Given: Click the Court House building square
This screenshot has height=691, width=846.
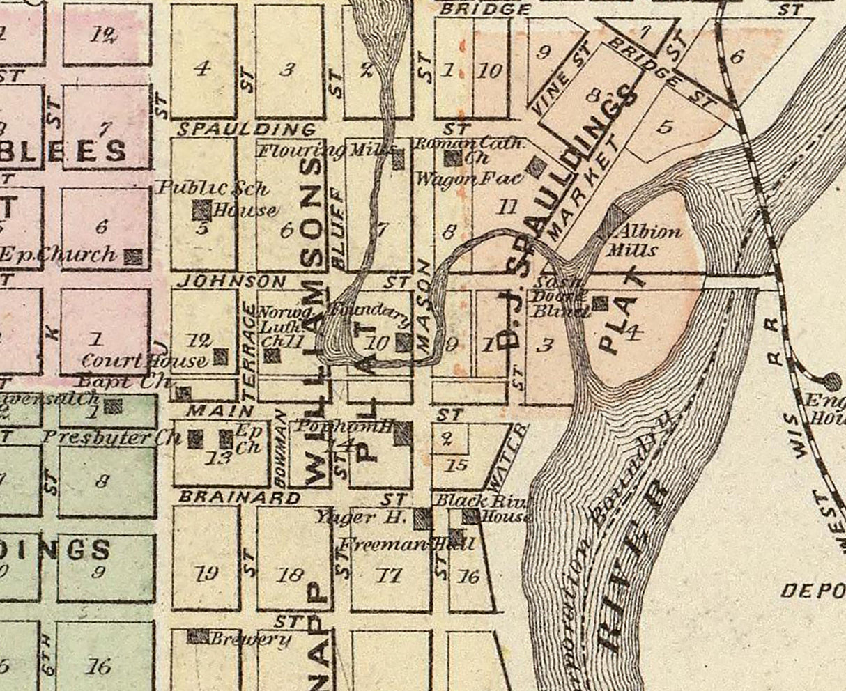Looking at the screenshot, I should (220, 357).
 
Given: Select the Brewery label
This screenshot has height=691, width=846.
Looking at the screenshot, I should (250, 639).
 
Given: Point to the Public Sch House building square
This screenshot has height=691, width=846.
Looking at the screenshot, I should (201, 210).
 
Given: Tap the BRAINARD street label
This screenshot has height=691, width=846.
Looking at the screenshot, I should (240, 498).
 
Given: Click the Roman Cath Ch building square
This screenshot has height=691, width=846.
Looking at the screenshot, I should (453, 158).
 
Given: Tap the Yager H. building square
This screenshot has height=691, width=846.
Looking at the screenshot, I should (422, 518).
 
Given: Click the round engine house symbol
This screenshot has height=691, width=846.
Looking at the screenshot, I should (831, 380).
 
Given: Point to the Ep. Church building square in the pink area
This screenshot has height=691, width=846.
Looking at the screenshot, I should (133, 257).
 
